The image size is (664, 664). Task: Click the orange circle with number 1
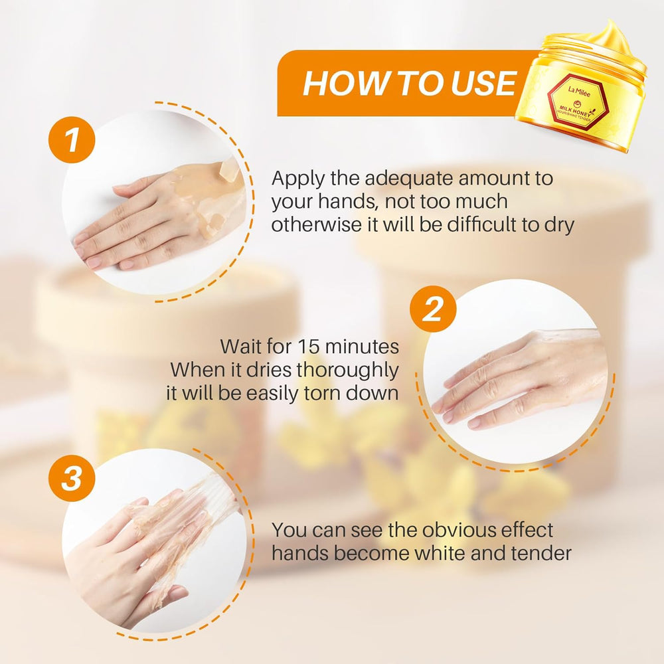pos(72,139)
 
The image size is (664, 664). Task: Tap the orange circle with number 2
pos(433,309)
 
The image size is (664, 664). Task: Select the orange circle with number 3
pos(72,478)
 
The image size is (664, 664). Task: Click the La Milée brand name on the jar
pos(579,92)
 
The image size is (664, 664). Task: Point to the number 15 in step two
pos(308,347)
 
